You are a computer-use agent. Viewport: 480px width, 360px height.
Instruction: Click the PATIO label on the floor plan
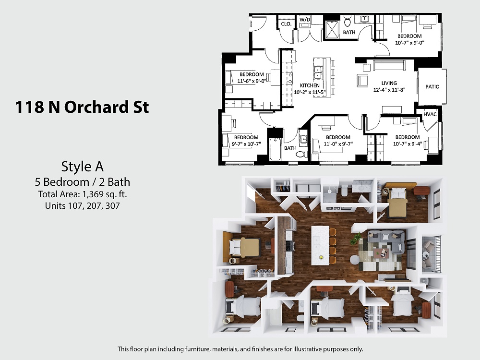[432, 86]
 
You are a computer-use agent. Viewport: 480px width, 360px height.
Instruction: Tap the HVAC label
[430, 114]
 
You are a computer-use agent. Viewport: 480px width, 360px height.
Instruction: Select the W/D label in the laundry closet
[305, 20]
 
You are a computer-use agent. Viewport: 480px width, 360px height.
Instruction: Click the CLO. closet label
[286, 24]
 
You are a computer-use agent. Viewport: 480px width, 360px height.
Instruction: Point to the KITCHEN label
[310, 85]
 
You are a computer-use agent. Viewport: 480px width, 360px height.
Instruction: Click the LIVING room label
[389, 83]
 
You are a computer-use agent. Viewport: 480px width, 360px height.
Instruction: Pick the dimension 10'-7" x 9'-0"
[409, 43]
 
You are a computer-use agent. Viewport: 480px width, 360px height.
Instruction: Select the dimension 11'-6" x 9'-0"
[252, 81]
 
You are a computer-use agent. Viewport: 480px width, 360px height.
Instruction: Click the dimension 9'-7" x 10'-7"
[246, 144]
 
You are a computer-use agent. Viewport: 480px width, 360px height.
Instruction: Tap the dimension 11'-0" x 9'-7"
[338, 144]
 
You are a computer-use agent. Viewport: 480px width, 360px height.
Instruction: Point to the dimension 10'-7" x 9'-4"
[408, 144]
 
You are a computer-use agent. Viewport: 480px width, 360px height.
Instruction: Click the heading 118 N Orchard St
[82, 107]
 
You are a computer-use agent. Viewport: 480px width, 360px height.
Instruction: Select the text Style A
[83, 167]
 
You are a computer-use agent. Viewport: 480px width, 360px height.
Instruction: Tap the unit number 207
[94, 206]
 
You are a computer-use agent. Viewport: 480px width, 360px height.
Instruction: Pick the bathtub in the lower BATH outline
[275, 149]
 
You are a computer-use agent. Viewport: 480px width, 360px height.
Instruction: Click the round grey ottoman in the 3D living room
[355, 260]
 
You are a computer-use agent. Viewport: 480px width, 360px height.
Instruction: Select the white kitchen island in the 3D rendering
[320, 245]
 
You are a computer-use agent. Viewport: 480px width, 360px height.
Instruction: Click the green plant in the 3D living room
[356, 238]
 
